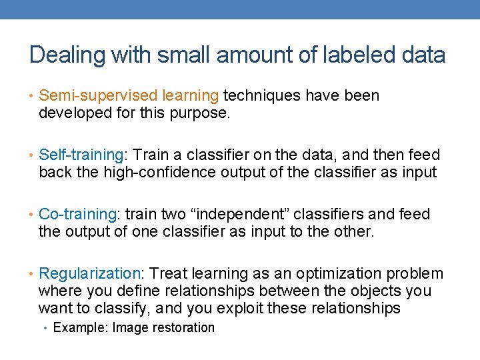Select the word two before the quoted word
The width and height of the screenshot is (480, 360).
[x=174, y=215]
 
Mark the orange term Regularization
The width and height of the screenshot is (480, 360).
[x=90, y=274]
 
